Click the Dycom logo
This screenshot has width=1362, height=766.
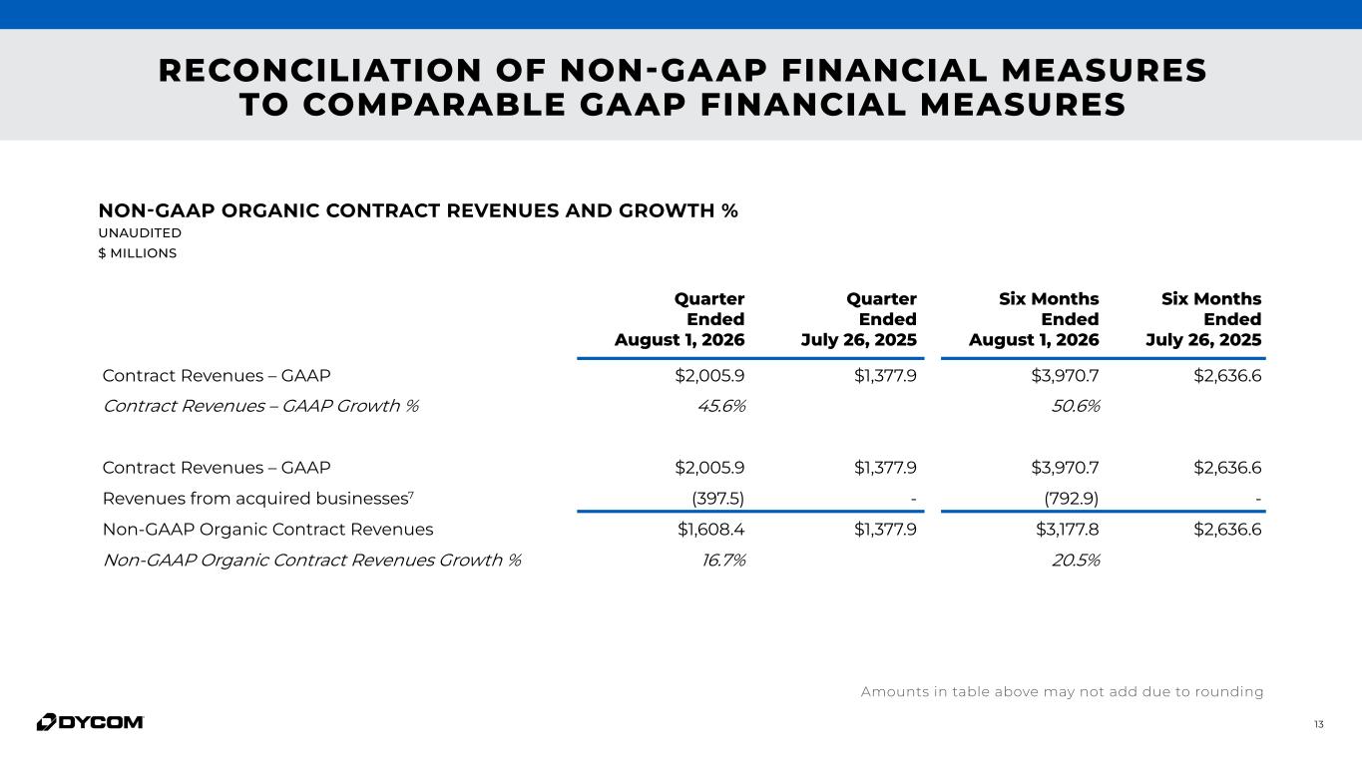[x=90, y=722]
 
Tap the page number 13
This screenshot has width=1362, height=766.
[x=1319, y=724]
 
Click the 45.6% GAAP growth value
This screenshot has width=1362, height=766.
[x=721, y=406]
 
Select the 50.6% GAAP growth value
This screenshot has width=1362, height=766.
[x=1076, y=406]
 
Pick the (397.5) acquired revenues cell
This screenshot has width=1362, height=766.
[x=718, y=499]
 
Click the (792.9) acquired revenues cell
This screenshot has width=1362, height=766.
[x=1072, y=499]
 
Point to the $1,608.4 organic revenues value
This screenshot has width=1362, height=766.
[x=710, y=530]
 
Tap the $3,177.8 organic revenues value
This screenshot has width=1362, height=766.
[x=1067, y=530]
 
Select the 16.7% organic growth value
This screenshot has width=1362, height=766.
[x=723, y=560]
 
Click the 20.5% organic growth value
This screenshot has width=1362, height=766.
[x=1076, y=560]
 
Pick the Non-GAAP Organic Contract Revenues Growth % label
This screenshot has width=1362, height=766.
[x=312, y=560]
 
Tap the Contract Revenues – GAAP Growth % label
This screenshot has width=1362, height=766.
[x=260, y=406]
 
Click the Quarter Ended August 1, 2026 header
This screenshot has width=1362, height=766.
[x=680, y=319]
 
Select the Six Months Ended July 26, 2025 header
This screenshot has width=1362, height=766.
[x=1203, y=319]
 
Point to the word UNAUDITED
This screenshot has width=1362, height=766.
[x=140, y=232]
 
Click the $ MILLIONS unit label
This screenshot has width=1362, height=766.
[x=138, y=253]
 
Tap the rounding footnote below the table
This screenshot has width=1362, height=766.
[x=1062, y=692]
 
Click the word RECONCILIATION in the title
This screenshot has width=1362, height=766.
[x=320, y=70]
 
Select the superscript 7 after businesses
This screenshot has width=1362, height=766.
[x=411, y=494]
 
